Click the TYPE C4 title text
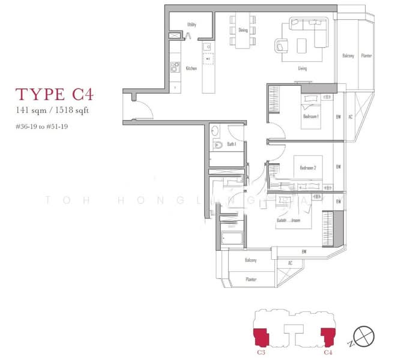[x=54, y=94]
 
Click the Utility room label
[x=191, y=25]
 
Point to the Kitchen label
[x=191, y=68]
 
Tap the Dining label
[x=243, y=29]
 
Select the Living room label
[x=303, y=68]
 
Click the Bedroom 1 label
[x=310, y=116]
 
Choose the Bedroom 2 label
[x=306, y=168]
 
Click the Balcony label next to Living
[x=348, y=56]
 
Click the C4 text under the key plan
[x=328, y=353]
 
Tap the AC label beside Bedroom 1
[x=350, y=116]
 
